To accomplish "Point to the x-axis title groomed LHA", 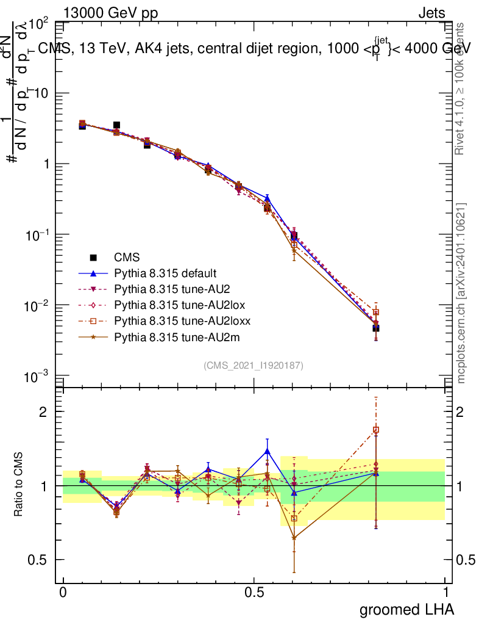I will click(x=407, y=609).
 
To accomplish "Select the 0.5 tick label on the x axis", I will click(x=254, y=593).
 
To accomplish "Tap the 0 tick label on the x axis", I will click(x=63, y=593).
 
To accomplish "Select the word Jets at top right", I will click(x=431, y=13).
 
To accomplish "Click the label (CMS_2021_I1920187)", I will click(x=254, y=365).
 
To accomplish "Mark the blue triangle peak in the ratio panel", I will click(x=267, y=451).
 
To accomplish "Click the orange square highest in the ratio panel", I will click(x=376, y=430).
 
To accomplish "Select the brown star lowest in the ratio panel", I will click(x=294, y=538).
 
